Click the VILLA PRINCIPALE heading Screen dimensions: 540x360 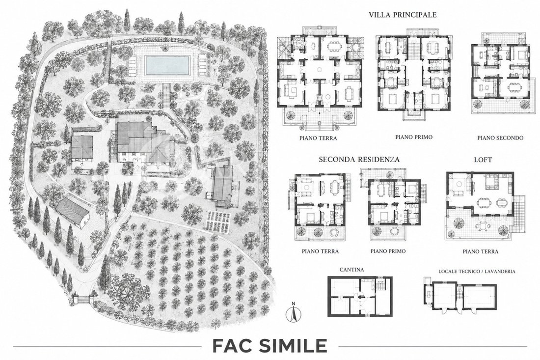[403, 15]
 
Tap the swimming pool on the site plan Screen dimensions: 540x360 [167, 66]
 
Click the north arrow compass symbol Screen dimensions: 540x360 [294, 314]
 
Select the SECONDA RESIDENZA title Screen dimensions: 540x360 [359, 160]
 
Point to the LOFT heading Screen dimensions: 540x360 [483, 160]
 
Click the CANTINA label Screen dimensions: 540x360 [351, 270]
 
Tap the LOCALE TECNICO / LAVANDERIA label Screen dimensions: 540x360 [477, 272]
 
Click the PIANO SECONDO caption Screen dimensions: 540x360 [500, 138]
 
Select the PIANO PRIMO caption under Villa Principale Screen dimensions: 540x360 [414, 137]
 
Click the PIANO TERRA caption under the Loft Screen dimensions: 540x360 [481, 251]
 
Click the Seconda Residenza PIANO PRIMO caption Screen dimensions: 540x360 [388, 251]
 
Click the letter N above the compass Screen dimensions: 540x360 [294, 304]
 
